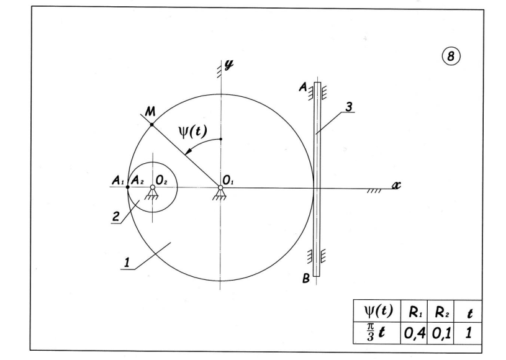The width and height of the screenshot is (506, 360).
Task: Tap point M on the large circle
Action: [x=151, y=125]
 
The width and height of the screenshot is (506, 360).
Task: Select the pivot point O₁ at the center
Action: [x=220, y=188]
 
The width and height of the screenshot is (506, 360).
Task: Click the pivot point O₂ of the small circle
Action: [x=153, y=187]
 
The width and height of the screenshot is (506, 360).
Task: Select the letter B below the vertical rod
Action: [x=305, y=279]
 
